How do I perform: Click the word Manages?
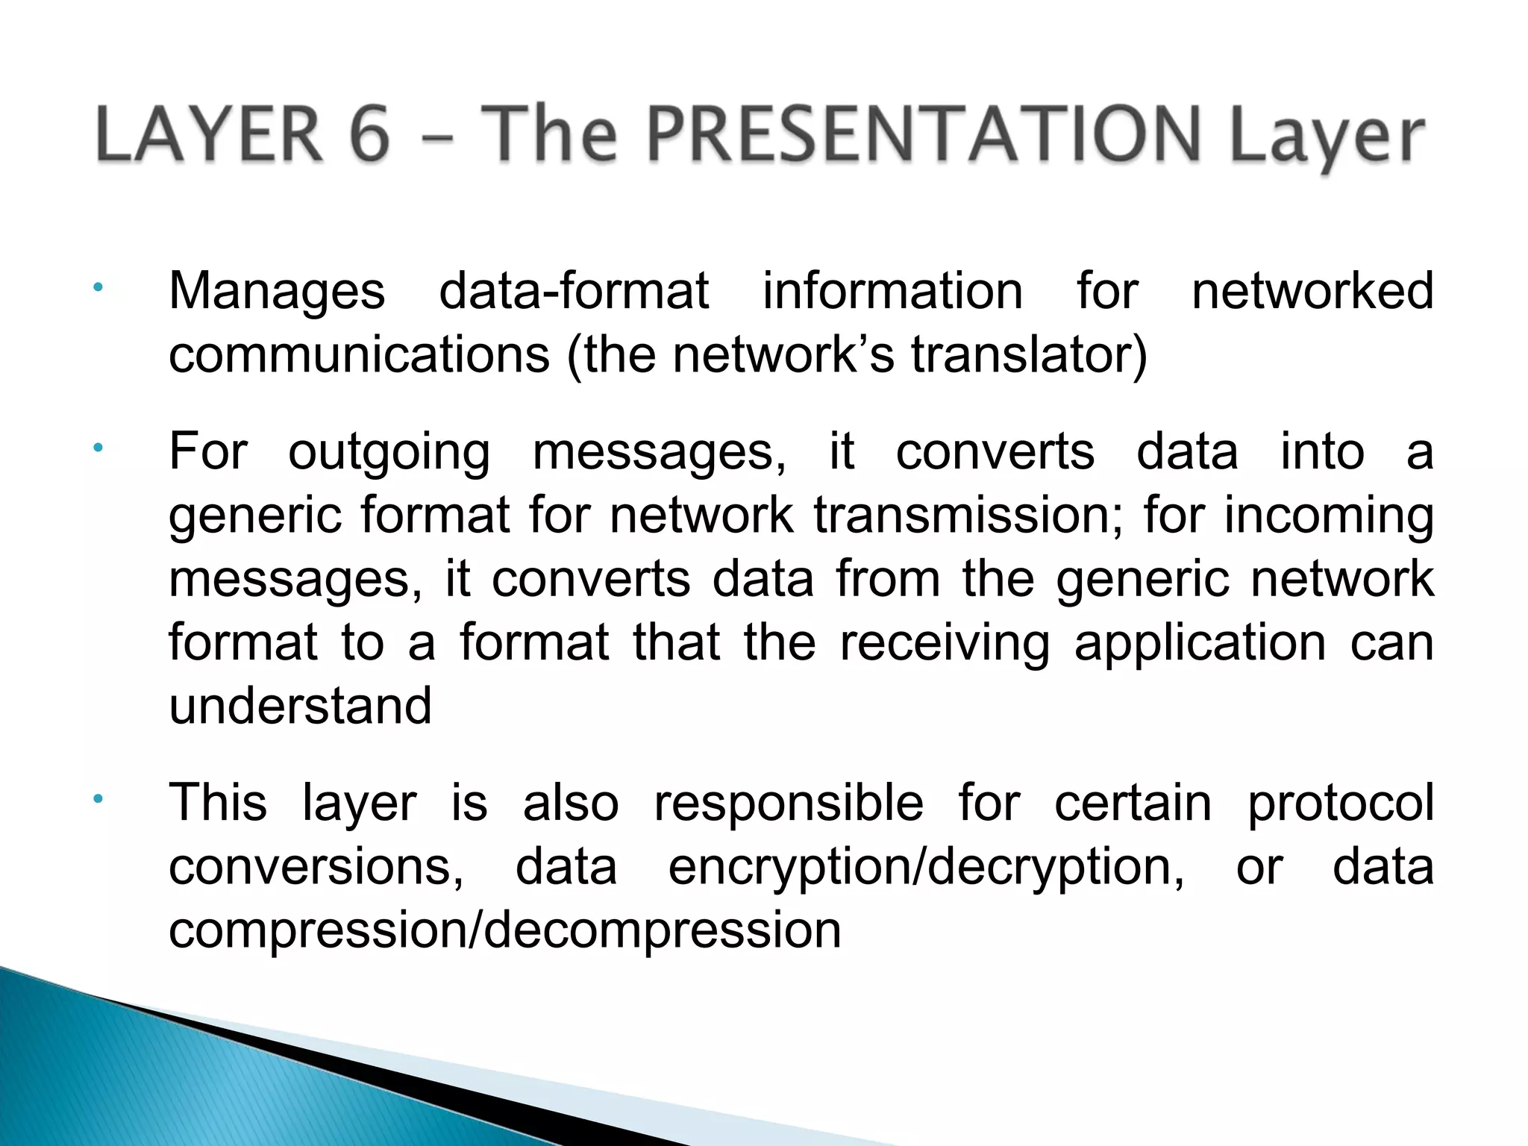tap(277, 291)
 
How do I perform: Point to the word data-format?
tap(574, 291)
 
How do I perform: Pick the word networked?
tap(1312, 291)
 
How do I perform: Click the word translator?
tap(1028, 354)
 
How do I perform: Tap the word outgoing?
tap(389, 452)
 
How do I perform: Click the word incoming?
tap(1328, 516)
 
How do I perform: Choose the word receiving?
tap(945, 642)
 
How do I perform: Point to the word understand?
tap(300, 706)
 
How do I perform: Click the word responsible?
tap(789, 804)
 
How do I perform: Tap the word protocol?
tap(1341, 804)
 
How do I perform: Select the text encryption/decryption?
tap(925, 867)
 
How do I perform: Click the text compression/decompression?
tap(505, 930)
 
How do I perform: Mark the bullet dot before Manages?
tap(98, 288)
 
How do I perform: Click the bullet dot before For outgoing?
tap(98, 449)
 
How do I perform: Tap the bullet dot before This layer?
tap(98, 801)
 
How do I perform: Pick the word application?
tap(1200, 642)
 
